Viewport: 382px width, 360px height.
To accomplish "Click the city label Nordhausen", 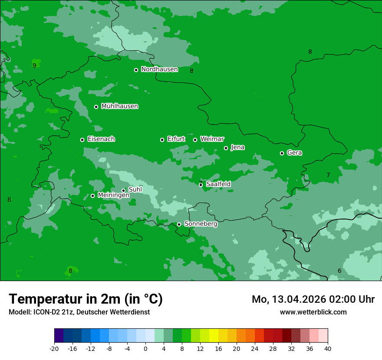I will (x=159, y=69).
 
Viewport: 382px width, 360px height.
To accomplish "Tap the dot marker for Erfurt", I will (x=162, y=140).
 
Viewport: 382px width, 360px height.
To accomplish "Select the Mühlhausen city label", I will (x=119, y=106).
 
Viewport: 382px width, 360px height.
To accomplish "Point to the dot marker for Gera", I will (x=282, y=153).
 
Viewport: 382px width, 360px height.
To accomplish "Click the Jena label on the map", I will (x=237, y=147).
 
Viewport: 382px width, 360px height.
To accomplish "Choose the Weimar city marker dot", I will (x=195, y=140).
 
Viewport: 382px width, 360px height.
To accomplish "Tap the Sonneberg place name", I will (x=201, y=224).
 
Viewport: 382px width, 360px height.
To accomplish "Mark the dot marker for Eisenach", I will (x=82, y=140).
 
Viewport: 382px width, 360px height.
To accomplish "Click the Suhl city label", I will (x=135, y=190).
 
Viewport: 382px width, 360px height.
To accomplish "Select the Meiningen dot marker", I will (x=92, y=196).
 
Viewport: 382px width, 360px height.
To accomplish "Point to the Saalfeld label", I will (x=218, y=184).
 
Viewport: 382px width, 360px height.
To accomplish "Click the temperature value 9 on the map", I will (x=34, y=65).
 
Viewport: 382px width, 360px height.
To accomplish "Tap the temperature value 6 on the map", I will (x=339, y=271).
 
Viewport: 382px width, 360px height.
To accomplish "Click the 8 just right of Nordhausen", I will (x=191, y=71).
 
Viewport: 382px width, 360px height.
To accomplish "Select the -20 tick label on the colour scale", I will (x=54, y=349).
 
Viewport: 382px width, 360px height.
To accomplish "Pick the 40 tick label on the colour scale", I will (x=328, y=349).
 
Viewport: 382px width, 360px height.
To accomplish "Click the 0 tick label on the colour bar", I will (x=145, y=349).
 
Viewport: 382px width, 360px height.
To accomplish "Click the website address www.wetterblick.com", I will (x=313, y=312).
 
